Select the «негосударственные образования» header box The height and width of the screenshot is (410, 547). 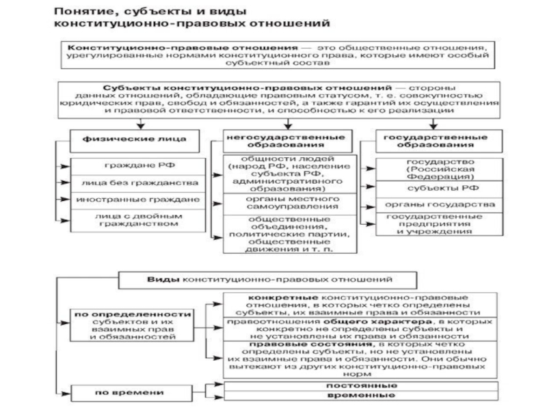pos(282,141)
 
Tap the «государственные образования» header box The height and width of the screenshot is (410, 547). pos(429,141)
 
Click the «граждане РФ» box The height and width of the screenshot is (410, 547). pos(135,166)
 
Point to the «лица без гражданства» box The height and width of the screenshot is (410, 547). pos(135,183)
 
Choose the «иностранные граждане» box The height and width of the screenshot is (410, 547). pos(135,200)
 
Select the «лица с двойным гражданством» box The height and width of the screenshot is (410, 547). pos(135,218)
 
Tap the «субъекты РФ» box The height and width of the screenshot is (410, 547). pos(429,188)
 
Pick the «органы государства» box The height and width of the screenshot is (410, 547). pos(429,204)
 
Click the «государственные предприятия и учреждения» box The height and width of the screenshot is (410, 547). pos(429,223)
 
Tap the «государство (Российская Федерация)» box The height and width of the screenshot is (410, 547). pos(429,167)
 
